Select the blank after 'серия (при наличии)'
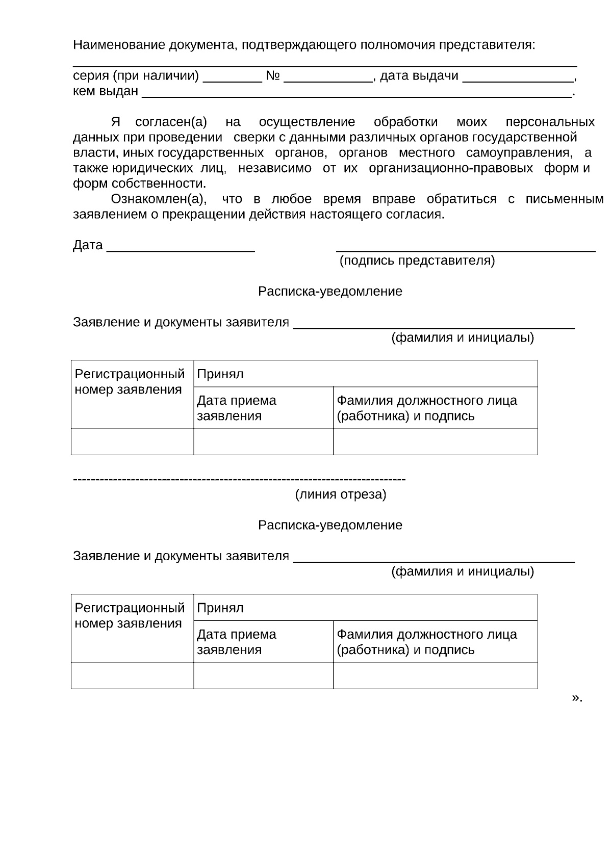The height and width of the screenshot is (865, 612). pyautogui.click(x=232, y=77)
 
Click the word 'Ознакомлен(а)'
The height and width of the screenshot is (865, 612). pyautogui.click(x=159, y=199)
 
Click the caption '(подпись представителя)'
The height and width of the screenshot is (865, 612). pyautogui.click(x=417, y=261)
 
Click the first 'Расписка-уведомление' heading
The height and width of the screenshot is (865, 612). pyautogui.click(x=330, y=292)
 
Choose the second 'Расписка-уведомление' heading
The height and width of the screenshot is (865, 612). pyautogui.click(x=330, y=525)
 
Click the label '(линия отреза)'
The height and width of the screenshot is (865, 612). pyautogui.click(x=341, y=494)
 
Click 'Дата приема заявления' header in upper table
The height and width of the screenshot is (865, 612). pyautogui.click(x=237, y=408)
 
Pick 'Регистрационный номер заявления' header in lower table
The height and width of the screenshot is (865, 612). pyautogui.click(x=130, y=616)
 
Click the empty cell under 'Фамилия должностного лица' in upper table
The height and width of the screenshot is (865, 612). pyautogui.click(x=435, y=441)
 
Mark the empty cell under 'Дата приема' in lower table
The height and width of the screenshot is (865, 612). pyautogui.click(x=263, y=675)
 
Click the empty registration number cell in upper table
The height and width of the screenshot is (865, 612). pyautogui.click(x=132, y=441)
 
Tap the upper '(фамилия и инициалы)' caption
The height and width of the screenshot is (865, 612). pyautogui.click(x=463, y=337)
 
